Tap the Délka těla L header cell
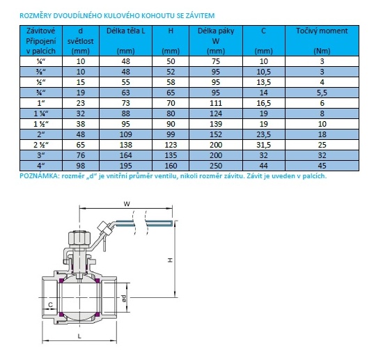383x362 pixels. click(x=126, y=31)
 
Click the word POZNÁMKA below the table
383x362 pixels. click(x=42, y=176)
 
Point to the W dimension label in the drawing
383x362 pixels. click(x=127, y=204)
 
